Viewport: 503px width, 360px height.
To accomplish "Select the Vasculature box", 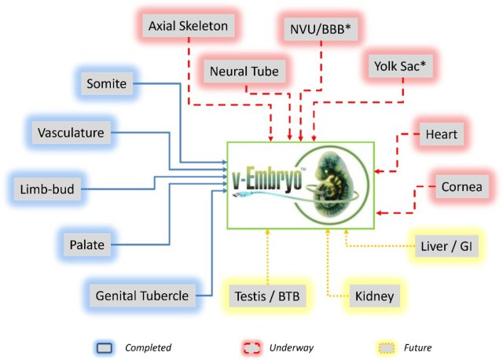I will click(x=72, y=133).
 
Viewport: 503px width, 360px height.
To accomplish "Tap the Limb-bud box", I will click(x=48, y=189).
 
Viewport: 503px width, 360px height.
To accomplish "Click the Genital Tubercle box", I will click(x=141, y=296).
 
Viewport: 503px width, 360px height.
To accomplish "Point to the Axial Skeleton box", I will click(x=189, y=26).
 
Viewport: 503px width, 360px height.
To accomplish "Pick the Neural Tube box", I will click(x=244, y=72).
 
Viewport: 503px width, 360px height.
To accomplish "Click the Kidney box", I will click(x=373, y=296).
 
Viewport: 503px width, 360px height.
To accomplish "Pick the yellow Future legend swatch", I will click(x=383, y=347).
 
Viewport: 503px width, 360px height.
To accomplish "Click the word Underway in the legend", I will click(x=292, y=347).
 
